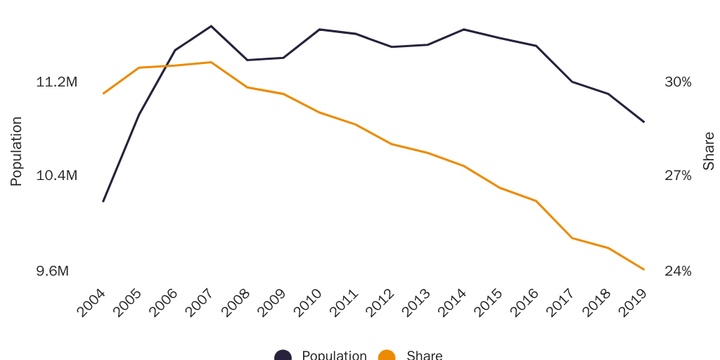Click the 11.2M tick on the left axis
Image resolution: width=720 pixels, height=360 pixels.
tap(56, 82)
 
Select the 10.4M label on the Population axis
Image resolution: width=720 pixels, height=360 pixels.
tap(56, 175)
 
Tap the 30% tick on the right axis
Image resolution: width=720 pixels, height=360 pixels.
tap(678, 82)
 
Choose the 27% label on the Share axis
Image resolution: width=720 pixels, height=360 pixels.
tap(678, 175)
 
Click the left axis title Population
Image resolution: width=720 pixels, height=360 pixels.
tap(16, 151)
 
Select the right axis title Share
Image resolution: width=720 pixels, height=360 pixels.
tap(709, 151)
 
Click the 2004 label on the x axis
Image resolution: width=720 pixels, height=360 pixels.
tap(92, 303)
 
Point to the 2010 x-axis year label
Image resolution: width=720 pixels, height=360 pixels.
tap(309, 303)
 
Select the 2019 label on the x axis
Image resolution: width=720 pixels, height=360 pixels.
tap(633, 303)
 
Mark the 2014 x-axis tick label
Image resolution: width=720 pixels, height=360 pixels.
tap(453, 303)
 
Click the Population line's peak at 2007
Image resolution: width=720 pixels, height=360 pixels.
tap(211, 26)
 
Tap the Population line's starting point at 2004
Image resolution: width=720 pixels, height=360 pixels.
tap(103, 202)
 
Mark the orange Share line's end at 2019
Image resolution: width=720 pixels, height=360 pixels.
tap(644, 269)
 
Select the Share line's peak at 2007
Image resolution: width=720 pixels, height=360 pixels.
tap(211, 63)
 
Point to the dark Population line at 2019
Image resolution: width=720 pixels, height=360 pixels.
tap(644, 122)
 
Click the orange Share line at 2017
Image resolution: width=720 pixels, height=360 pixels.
tap(572, 238)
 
